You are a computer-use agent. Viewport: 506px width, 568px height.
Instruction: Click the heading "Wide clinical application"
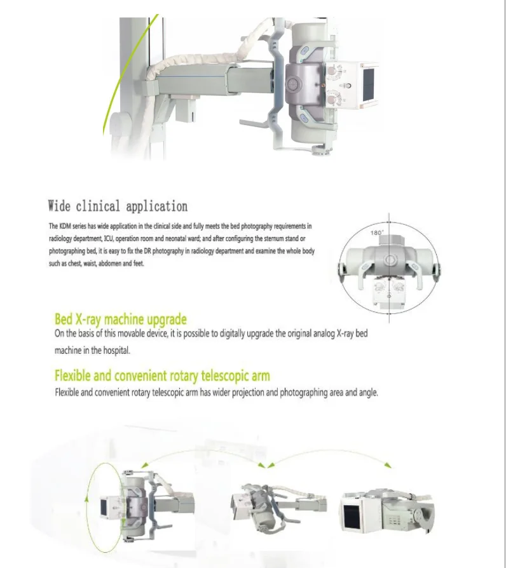click(x=118, y=206)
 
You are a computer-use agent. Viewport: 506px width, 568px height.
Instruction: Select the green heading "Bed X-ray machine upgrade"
click(x=121, y=319)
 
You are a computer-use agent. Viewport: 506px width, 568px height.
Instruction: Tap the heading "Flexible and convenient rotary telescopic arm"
click(x=162, y=375)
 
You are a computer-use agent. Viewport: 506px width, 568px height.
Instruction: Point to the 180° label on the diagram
click(x=376, y=233)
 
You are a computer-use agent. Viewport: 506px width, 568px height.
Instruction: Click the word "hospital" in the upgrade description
click(x=119, y=351)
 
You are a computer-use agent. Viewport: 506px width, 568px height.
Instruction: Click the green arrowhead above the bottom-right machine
click(x=389, y=466)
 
